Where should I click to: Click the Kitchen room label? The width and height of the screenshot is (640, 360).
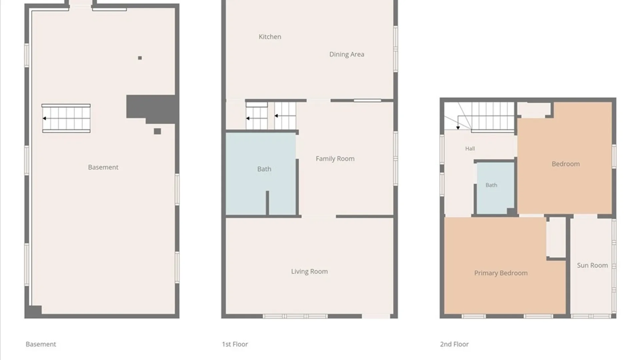[270, 37]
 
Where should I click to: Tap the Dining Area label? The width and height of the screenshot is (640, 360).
[347, 54]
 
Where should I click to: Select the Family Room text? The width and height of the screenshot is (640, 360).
[335, 159]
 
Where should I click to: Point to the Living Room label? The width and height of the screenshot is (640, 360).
[309, 272]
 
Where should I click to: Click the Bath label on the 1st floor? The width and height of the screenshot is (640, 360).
[264, 169]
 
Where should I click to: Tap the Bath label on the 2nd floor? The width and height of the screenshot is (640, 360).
[491, 185]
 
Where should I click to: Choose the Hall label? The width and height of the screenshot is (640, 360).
[470, 149]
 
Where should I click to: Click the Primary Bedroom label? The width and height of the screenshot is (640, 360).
[501, 273]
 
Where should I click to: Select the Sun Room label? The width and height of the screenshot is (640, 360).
[592, 265]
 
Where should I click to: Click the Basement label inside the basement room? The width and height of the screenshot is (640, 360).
[103, 167]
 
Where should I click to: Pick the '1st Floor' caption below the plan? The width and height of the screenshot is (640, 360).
[235, 344]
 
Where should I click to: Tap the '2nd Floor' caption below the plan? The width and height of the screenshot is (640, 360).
[454, 344]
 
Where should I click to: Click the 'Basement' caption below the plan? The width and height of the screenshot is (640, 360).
[41, 344]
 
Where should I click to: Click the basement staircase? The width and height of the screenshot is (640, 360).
[66, 118]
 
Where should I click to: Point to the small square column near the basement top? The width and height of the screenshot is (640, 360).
[140, 58]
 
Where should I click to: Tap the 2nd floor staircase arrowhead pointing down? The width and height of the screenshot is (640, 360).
[458, 128]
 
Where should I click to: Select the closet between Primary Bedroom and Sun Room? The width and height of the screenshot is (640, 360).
[556, 237]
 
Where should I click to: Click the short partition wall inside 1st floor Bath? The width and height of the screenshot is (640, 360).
[267, 203]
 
